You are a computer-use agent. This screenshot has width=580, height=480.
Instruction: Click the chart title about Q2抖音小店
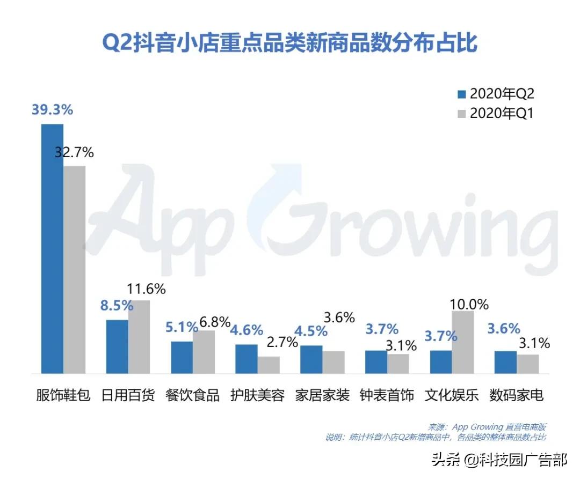289,43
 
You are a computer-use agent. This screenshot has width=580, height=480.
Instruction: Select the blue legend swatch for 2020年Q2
461,94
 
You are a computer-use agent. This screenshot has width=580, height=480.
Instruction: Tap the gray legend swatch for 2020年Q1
461,114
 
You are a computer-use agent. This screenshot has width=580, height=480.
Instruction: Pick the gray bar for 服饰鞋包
75,269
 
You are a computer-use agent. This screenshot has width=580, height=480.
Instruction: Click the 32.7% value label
75,152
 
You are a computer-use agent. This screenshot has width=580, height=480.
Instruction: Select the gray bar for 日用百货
139,336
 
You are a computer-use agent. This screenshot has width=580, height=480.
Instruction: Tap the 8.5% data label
117,306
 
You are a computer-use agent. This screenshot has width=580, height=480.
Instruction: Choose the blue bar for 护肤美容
247,358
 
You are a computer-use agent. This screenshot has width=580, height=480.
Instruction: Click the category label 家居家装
322,396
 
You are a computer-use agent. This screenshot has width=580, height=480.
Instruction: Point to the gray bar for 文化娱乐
463,342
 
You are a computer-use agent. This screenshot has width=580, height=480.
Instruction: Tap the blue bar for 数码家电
505,362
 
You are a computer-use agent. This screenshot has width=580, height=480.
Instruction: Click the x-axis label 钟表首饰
387,396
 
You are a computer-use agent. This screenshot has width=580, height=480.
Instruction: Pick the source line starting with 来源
487,427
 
